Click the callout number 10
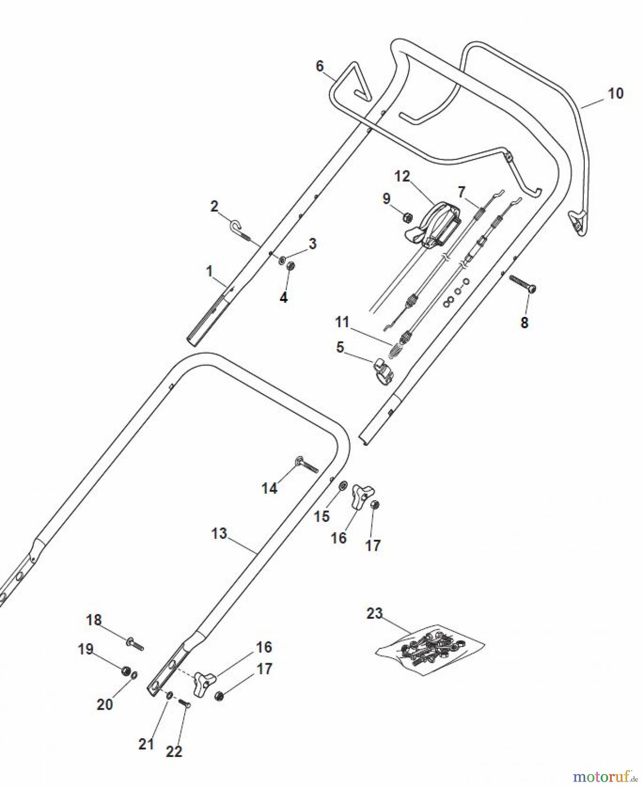click(615, 93)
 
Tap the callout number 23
click(375, 613)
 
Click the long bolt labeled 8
click(523, 284)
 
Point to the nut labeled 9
click(407, 217)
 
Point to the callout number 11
click(342, 322)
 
